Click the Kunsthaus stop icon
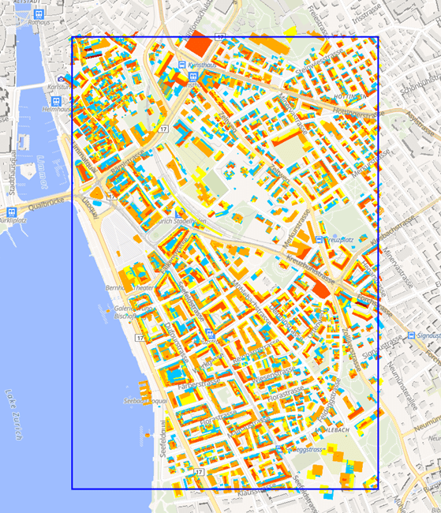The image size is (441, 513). click(182, 65)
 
